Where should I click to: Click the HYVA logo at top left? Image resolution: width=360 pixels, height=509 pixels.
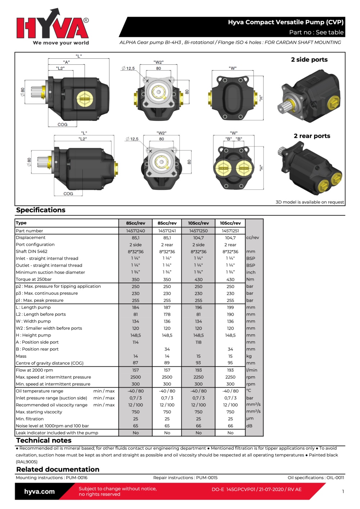[x=53, y=27]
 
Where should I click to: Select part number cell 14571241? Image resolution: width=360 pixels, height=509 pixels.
[x=167, y=231]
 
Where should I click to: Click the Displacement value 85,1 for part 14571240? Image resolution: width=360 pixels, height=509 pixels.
[x=136, y=238]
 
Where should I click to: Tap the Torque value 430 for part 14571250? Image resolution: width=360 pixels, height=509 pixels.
[x=198, y=279]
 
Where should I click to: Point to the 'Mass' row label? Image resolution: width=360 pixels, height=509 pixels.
[x=21, y=356]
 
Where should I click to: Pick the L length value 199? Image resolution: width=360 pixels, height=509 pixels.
[x=230, y=307]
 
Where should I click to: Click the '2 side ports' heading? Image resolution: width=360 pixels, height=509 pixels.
[x=309, y=60]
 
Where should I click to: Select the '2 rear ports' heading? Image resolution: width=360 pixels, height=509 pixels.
[x=312, y=136]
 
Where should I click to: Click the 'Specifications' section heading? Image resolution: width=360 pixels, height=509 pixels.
[x=41, y=210]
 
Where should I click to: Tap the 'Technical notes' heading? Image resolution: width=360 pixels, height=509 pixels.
[x=44, y=441]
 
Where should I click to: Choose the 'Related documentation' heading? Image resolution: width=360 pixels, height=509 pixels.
[x=58, y=469]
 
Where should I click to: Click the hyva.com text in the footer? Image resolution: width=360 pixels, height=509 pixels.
[x=40, y=492]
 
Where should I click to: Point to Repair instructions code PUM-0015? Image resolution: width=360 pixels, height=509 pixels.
[x=207, y=478]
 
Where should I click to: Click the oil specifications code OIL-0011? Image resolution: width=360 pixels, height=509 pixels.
[x=335, y=478]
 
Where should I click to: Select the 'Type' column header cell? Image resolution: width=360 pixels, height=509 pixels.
[x=21, y=223]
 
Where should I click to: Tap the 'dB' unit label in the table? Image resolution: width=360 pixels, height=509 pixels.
[x=249, y=426]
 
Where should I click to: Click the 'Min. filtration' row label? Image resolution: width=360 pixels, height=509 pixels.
[x=30, y=419]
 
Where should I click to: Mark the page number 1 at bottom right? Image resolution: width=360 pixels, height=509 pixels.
[x=343, y=491]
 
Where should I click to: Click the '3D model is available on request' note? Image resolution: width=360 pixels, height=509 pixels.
[x=310, y=202]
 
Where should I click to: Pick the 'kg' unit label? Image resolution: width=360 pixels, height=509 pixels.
[x=249, y=356]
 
